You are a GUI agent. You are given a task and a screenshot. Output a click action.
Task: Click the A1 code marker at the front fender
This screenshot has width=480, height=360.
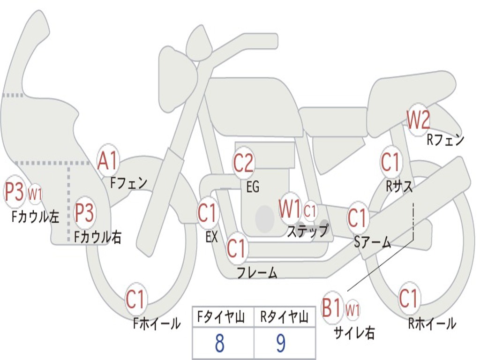click(x=109, y=160)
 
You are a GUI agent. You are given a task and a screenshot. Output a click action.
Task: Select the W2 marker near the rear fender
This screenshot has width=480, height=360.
click(x=418, y=120)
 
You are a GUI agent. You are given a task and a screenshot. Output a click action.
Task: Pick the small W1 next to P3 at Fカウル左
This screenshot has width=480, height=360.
click(x=35, y=193)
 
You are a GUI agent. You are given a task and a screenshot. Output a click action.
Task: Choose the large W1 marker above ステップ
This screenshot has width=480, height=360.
click(x=290, y=209)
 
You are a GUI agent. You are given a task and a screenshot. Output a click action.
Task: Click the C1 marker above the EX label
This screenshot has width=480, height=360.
click(x=208, y=213)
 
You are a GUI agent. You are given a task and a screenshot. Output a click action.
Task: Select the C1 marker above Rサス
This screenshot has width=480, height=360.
click(x=390, y=162)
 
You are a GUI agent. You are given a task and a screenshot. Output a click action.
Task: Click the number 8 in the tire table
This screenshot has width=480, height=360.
click(x=219, y=344)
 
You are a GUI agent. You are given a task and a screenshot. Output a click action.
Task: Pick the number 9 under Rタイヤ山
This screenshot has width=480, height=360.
click(x=281, y=344)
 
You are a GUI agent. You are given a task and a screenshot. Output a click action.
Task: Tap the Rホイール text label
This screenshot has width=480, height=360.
click(x=432, y=323)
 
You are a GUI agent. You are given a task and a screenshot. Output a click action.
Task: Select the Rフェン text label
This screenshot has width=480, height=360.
click(x=445, y=139)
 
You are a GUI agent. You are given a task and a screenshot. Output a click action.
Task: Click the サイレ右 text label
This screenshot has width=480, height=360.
click(x=354, y=333)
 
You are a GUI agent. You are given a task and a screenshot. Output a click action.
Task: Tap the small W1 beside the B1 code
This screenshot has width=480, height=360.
click(x=352, y=309)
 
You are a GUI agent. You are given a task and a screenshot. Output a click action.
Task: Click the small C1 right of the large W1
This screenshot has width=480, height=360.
click(x=310, y=211)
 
